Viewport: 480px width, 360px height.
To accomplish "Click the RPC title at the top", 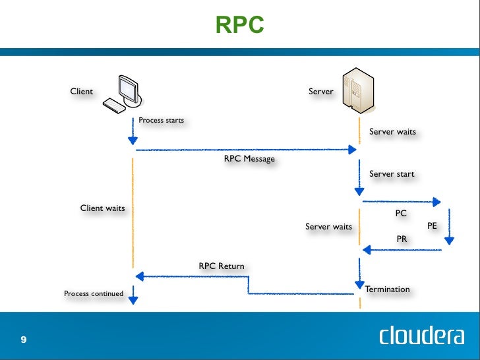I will [240, 25].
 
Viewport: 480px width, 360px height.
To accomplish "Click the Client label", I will [82, 91].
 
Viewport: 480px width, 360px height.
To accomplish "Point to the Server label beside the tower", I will [321, 91].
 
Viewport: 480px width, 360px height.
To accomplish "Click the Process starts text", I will [161, 121].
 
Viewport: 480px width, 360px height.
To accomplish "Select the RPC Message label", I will [249, 159].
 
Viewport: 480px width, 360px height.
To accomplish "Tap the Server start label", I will [392, 174].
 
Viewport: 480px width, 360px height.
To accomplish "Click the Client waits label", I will [102, 208].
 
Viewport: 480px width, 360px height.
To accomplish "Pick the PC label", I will [401, 213].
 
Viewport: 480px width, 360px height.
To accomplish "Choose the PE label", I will [432, 225].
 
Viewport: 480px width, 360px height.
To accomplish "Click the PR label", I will [402, 239].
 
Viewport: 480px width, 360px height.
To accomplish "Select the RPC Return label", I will [222, 266].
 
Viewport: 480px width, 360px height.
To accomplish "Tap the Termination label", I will [387, 289].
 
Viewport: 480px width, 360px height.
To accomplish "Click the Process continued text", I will [94, 293].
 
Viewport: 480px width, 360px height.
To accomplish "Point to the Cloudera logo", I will [421, 336].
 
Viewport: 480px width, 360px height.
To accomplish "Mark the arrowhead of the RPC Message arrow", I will [352, 150].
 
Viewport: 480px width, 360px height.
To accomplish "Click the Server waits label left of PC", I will [328, 227].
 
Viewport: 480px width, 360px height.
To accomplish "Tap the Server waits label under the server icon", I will [392, 132].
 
